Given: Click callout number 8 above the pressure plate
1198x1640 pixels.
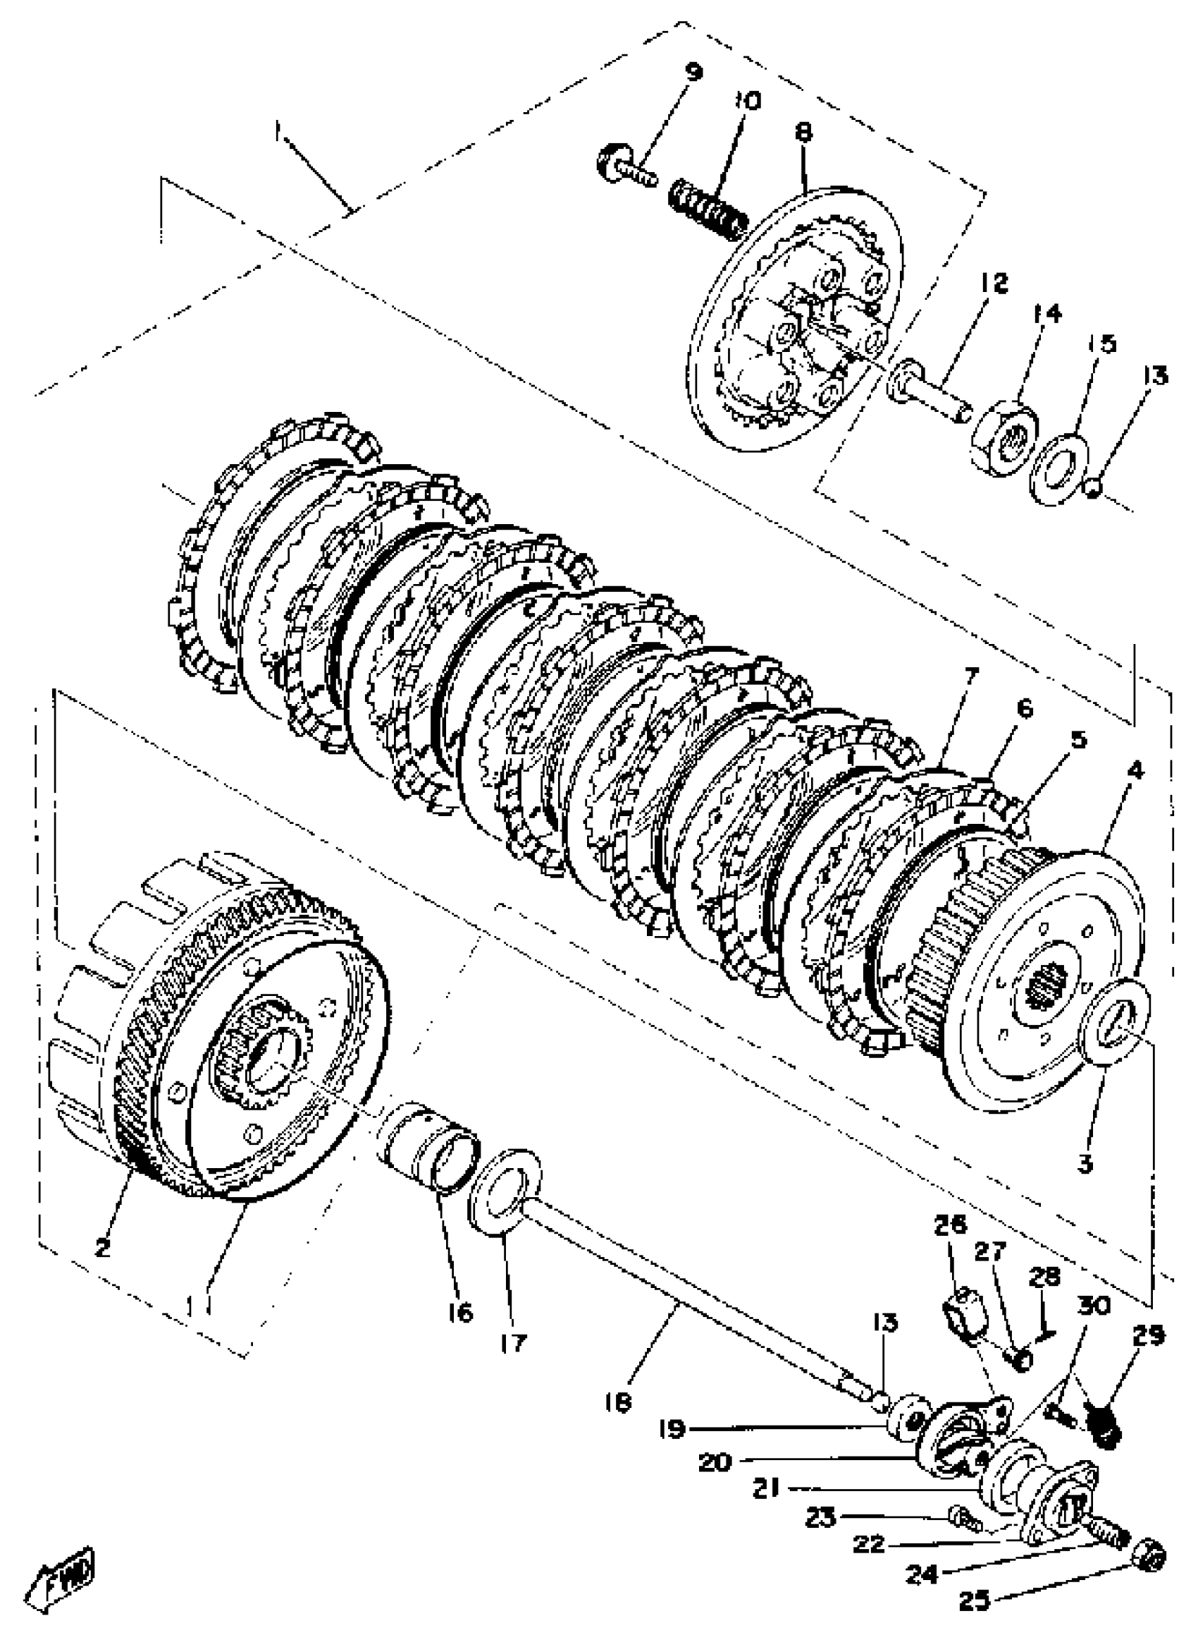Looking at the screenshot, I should (803, 132).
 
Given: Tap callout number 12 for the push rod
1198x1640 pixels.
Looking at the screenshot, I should (996, 283).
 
